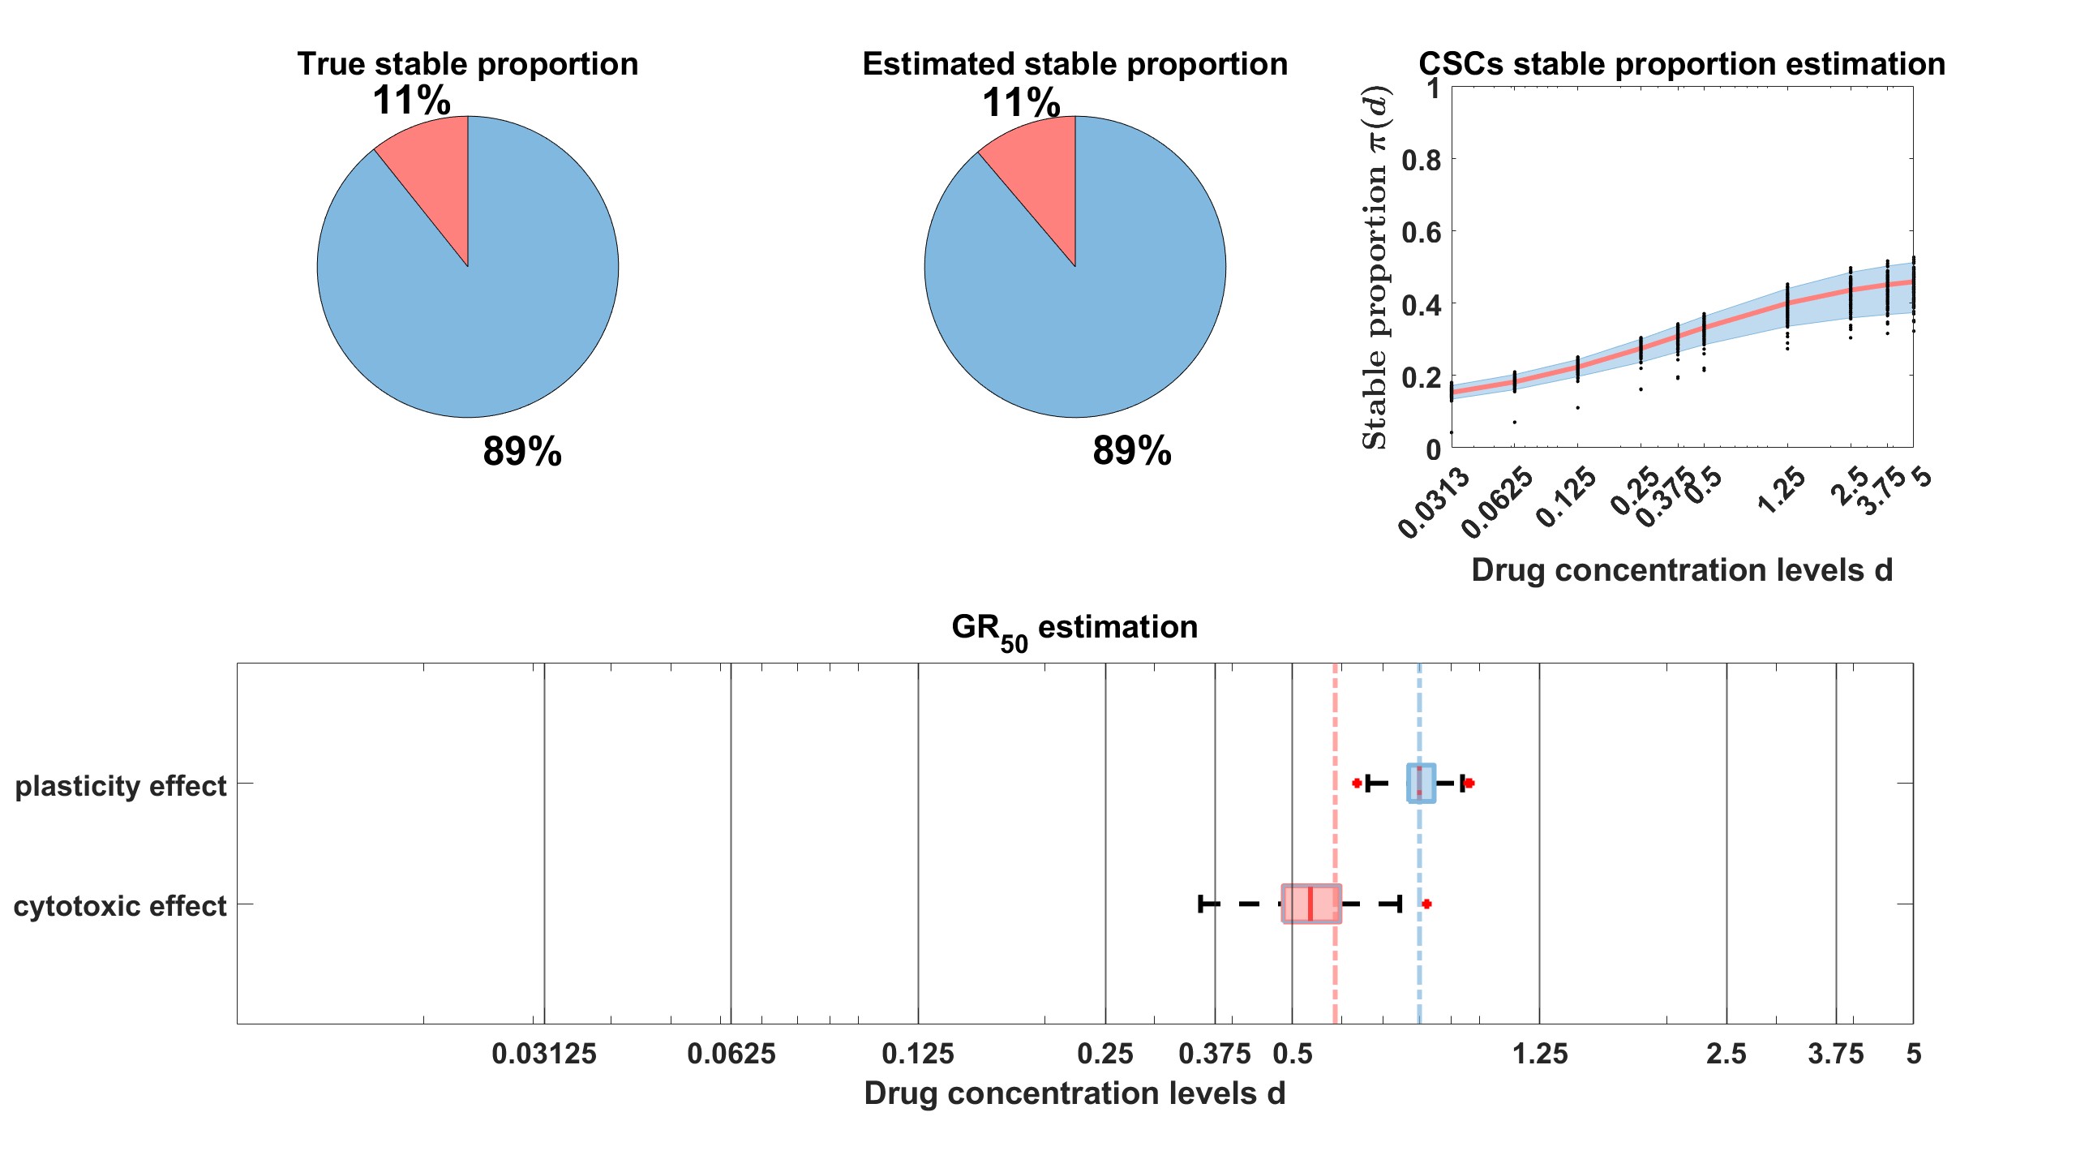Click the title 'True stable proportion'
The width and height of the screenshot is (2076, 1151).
[468, 64]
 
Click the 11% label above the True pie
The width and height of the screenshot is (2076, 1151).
[411, 101]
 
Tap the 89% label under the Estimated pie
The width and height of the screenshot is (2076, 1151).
[1131, 451]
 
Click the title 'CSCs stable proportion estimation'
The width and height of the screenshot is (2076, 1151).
[1681, 64]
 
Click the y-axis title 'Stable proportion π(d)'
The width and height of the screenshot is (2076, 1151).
[1375, 268]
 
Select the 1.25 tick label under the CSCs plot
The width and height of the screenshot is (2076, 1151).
[1782, 492]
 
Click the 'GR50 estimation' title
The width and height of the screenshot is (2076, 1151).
[1074, 629]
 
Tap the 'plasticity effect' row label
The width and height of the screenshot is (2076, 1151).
[121, 786]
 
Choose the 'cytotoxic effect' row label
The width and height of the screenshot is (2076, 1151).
[120, 905]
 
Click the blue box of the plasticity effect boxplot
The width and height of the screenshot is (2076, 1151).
[1422, 784]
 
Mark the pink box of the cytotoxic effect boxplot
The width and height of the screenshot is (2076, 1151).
[1311, 904]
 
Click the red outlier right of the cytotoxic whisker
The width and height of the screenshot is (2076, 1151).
[1426, 904]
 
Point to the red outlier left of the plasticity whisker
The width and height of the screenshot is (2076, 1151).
[1357, 783]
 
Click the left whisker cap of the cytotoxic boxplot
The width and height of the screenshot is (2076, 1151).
[1201, 904]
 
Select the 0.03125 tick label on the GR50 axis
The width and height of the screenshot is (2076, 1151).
[544, 1054]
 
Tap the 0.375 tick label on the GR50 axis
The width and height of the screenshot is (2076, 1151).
[1215, 1054]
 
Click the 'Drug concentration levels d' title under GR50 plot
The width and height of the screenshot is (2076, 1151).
[1074, 1093]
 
